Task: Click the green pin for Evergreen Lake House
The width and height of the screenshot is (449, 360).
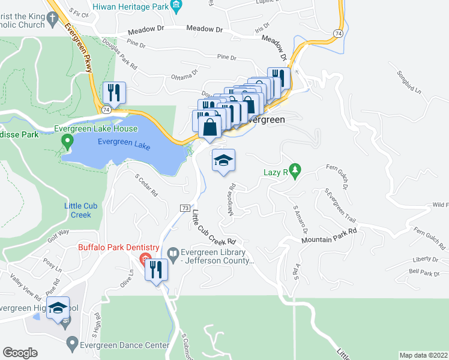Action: [67, 142]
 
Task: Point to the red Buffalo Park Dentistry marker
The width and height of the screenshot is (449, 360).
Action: [144, 259]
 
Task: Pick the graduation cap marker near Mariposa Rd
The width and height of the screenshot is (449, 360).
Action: [223, 160]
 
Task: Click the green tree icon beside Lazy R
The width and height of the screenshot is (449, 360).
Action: [294, 171]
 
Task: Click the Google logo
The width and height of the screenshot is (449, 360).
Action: [20, 353]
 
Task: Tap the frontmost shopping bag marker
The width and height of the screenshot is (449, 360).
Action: [209, 128]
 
